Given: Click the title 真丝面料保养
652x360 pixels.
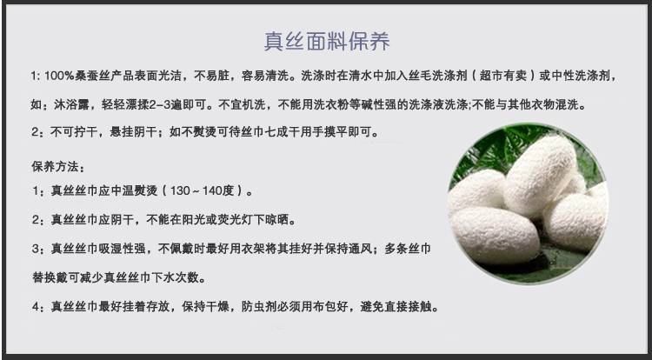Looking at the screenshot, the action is tap(327, 41).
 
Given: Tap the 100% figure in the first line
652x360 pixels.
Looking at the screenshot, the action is tap(59, 76).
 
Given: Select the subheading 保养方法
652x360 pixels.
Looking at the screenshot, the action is tap(55, 167).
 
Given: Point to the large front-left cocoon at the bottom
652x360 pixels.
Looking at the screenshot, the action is tap(495, 237).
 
